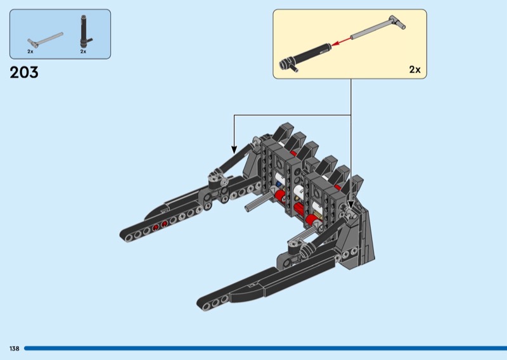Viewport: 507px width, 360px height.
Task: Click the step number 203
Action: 24,72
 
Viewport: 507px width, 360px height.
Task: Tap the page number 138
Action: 15,349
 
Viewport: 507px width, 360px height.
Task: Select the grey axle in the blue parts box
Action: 45,40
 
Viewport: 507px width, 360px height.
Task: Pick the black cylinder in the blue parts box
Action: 85,32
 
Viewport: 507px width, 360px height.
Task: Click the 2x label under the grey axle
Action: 30,51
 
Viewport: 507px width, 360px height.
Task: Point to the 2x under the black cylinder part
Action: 84,51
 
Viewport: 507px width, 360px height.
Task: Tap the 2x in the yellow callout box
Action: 415,70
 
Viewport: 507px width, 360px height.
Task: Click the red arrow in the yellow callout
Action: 342,41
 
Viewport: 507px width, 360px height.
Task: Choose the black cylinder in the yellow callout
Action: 305,56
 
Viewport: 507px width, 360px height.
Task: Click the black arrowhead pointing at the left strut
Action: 234,150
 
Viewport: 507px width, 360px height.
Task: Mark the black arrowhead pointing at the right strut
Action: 351,205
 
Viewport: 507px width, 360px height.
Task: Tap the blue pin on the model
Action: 278,184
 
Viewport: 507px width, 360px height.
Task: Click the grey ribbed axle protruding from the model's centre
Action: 257,203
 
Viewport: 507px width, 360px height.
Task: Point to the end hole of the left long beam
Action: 129,238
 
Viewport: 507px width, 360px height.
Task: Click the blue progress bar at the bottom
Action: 266,349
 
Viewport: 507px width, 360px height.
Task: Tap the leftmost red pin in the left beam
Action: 155,228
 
